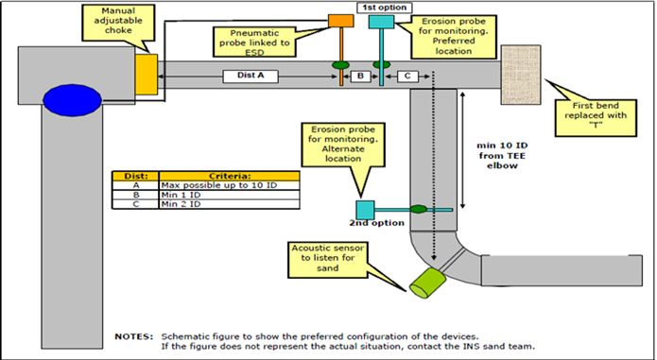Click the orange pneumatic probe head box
tap(339, 20)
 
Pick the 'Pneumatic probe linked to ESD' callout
tap(252, 41)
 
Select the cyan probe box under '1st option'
tap(381, 21)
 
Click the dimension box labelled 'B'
tap(360, 75)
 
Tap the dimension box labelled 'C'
tap(406, 75)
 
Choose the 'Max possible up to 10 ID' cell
tap(228, 185)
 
